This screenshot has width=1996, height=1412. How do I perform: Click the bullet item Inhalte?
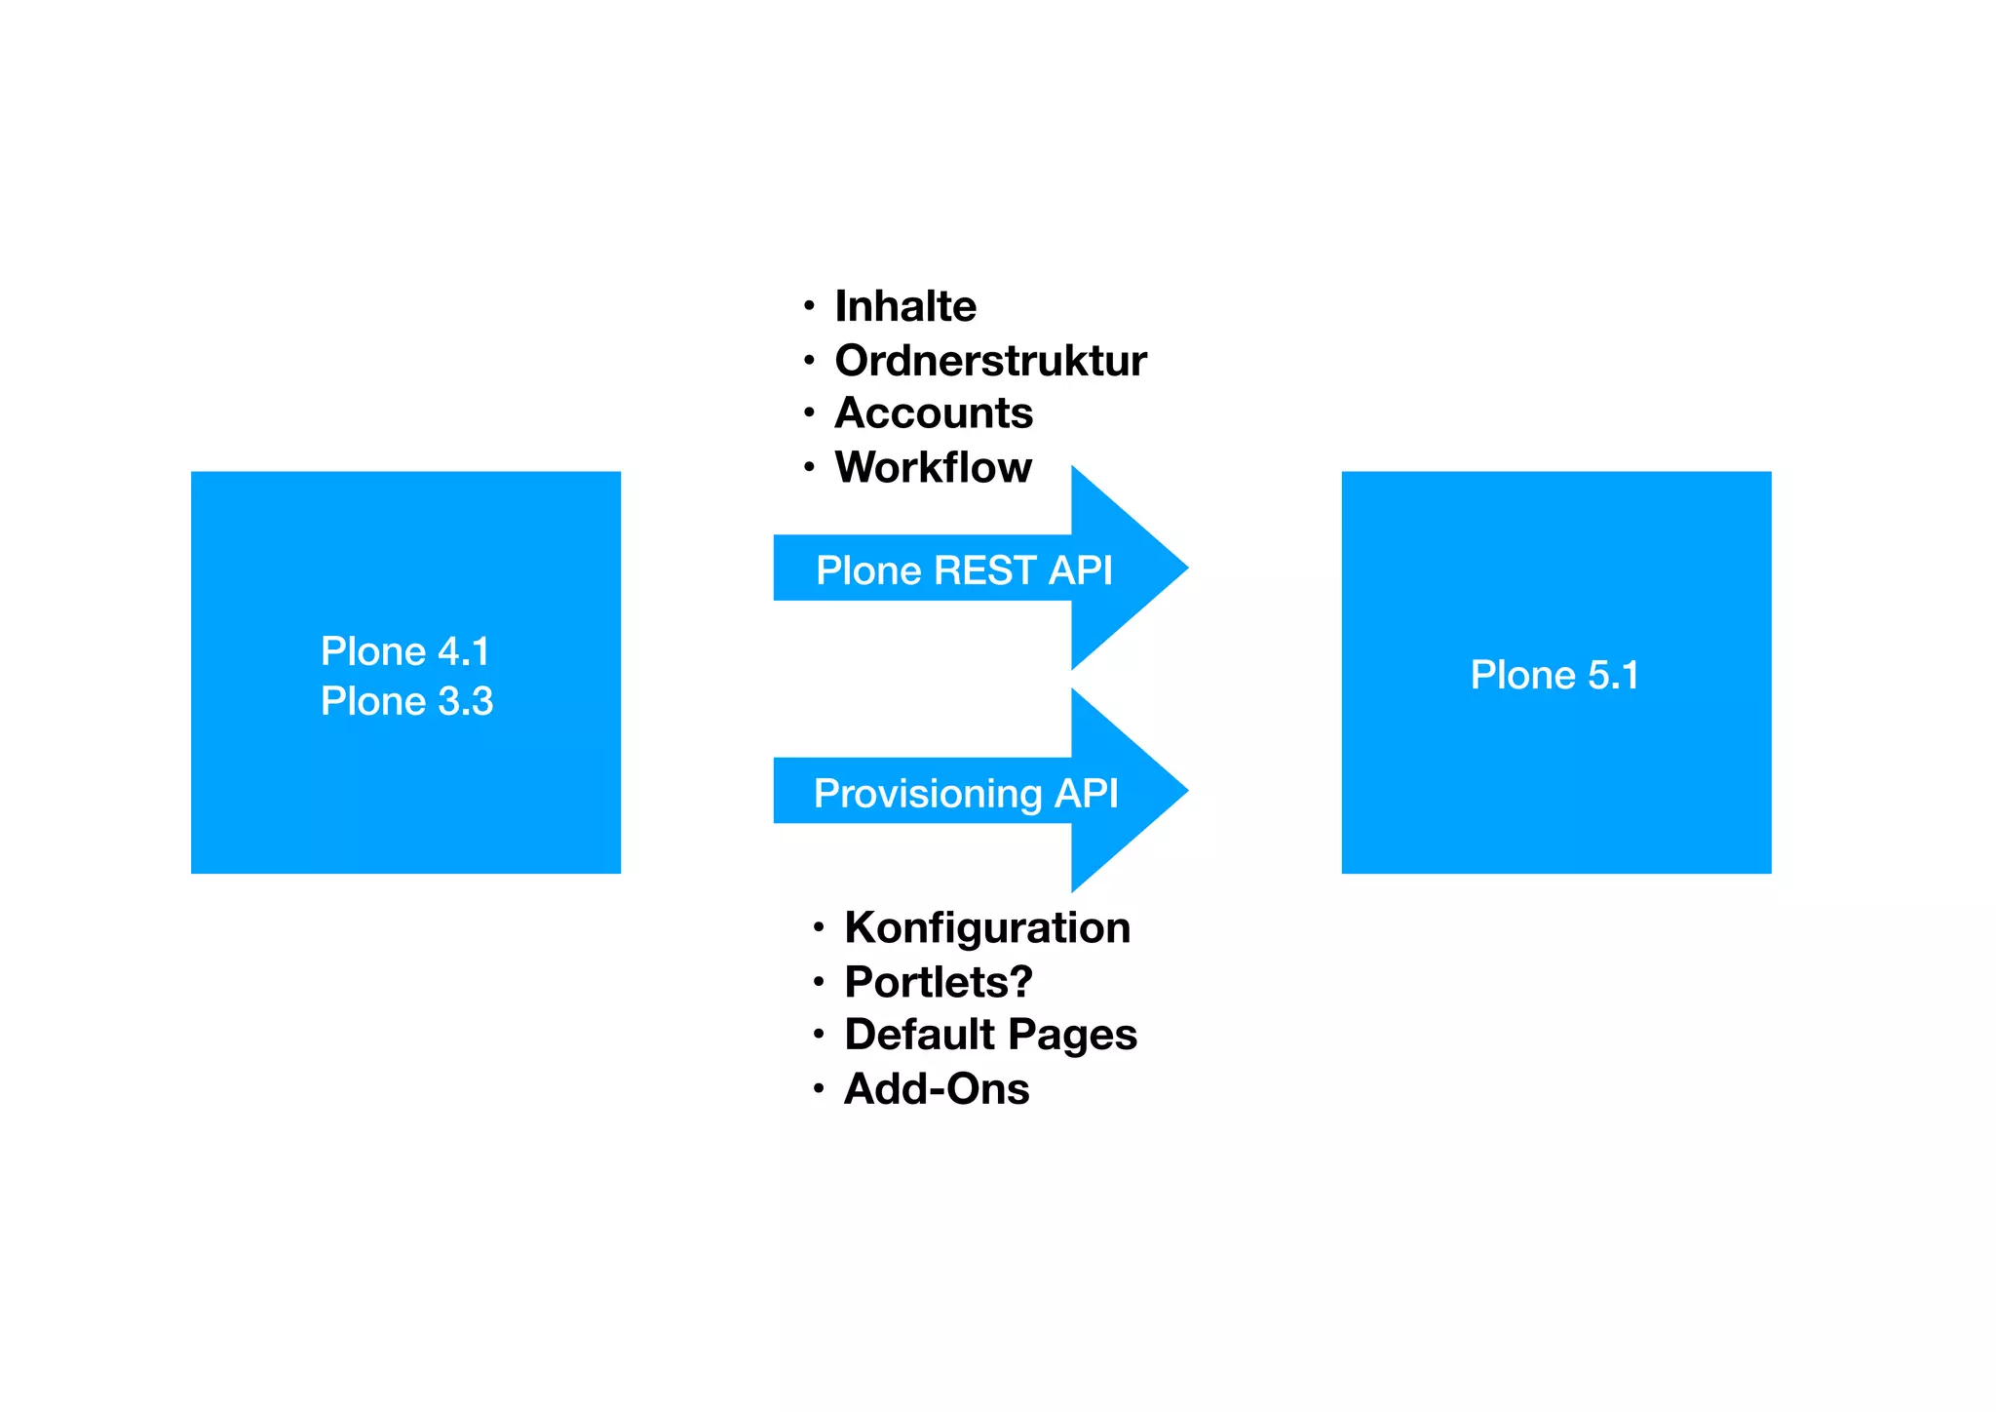(904, 306)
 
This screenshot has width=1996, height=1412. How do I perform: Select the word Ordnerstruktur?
(990, 361)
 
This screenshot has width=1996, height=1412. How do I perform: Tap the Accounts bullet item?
(933, 413)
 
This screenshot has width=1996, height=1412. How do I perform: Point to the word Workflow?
(933, 468)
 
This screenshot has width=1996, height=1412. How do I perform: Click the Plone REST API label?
(963, 570)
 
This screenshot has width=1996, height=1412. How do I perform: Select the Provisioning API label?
(965, 794)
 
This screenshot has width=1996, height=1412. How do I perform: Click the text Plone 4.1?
(404, 651)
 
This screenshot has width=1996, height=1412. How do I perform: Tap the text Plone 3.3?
(406, 701)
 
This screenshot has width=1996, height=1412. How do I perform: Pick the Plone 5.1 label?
(1555, 675)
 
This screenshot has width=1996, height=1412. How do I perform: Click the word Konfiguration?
(986, 927)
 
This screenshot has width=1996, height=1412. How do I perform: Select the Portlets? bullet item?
(938, 982)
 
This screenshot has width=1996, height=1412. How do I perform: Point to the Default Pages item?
(990, 1035)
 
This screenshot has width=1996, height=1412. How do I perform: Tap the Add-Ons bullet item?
(936, 1089)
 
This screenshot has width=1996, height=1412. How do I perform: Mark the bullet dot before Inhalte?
(809, 306)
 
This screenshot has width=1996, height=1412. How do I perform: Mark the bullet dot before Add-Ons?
(819, 1088)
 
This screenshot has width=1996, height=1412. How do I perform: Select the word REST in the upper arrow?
(985, 570)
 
